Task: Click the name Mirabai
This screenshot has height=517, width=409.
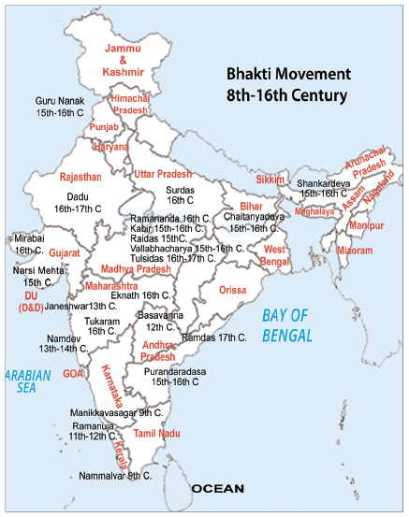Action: click(29, 239)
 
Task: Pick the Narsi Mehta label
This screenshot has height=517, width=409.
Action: click(38, 270)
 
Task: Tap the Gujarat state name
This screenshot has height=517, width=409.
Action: click(65, 253)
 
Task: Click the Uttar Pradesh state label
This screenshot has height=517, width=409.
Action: click(163, 174)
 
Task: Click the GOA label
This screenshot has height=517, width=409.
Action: click(73, 372)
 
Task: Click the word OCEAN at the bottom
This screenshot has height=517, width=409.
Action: click(217, 489)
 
